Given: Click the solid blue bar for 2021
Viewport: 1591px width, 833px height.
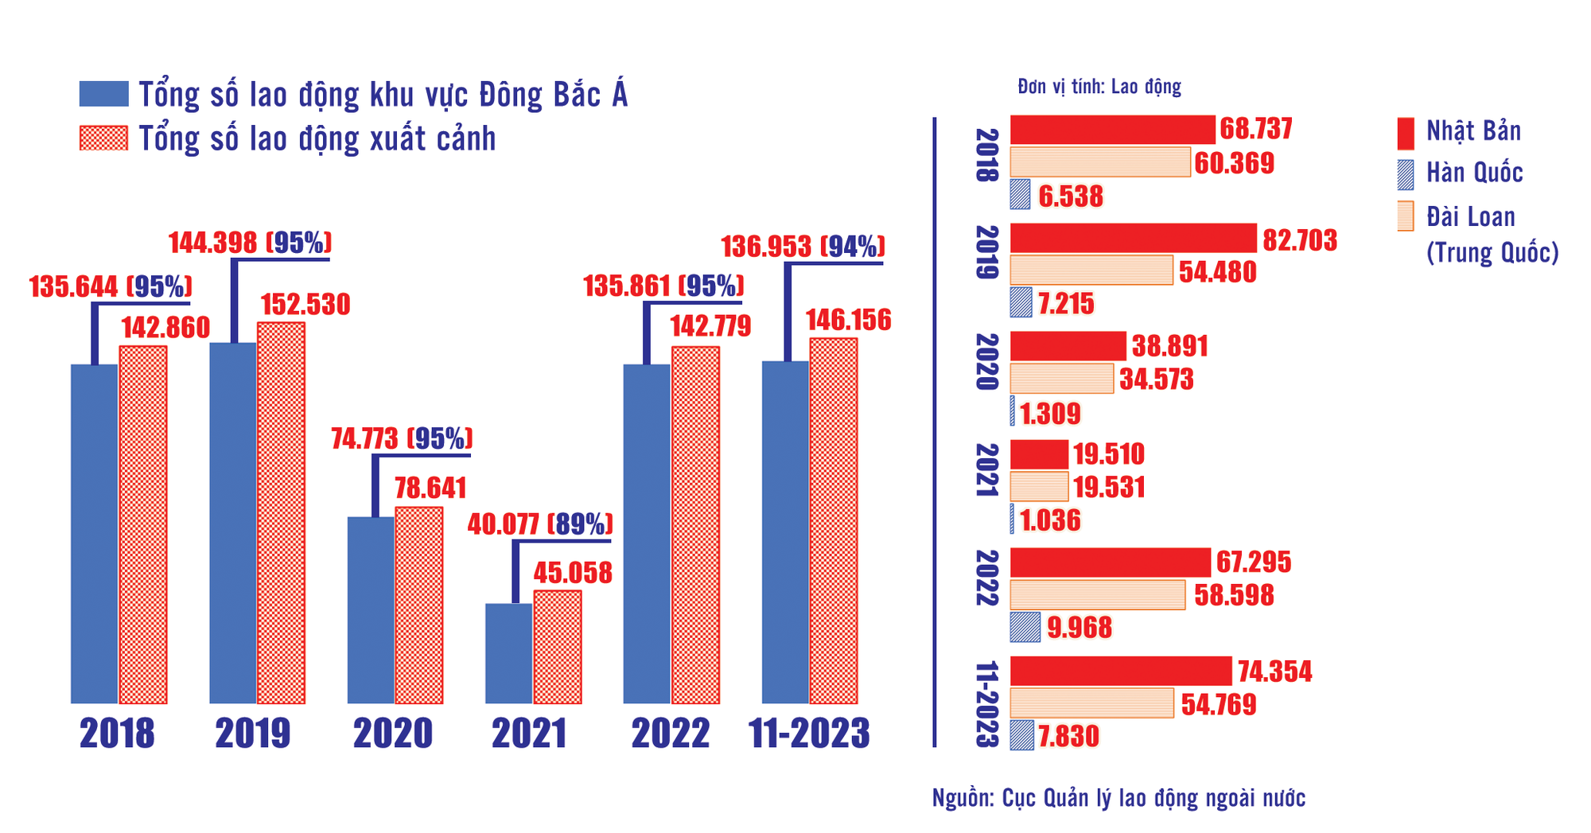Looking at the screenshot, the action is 508,653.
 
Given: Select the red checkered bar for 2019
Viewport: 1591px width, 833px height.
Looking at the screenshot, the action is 281,513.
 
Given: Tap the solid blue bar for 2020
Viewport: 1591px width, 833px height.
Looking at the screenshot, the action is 371,610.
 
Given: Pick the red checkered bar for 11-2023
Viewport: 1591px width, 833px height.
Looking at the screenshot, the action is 834,521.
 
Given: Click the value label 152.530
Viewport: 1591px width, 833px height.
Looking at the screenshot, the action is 305,305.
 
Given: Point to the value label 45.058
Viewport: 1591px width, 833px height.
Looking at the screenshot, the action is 573,573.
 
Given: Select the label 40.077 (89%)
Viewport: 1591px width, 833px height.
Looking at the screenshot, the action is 540,524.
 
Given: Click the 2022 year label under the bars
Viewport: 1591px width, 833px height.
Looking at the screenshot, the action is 671,734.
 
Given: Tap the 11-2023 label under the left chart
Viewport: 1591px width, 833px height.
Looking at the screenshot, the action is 809,734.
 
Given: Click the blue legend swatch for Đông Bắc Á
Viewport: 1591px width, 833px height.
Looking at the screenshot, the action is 104,94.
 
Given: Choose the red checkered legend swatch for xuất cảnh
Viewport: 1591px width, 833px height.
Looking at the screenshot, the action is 104,138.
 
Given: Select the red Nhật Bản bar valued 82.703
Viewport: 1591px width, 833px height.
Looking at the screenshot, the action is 1134,238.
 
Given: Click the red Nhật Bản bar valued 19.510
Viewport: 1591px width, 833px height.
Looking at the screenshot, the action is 1039,454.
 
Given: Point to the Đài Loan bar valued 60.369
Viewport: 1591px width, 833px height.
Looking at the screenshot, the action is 1100,162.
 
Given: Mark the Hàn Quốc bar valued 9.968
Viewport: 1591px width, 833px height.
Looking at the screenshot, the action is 1025,627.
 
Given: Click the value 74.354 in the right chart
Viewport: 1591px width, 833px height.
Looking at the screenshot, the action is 1275,671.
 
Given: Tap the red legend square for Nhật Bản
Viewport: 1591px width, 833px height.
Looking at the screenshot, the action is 1406,134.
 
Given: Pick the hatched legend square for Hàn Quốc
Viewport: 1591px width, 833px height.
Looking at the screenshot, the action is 1406,175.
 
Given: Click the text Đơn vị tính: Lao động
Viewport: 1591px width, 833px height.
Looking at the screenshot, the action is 1099,87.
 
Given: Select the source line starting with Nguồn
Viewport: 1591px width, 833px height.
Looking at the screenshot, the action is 1118,798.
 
